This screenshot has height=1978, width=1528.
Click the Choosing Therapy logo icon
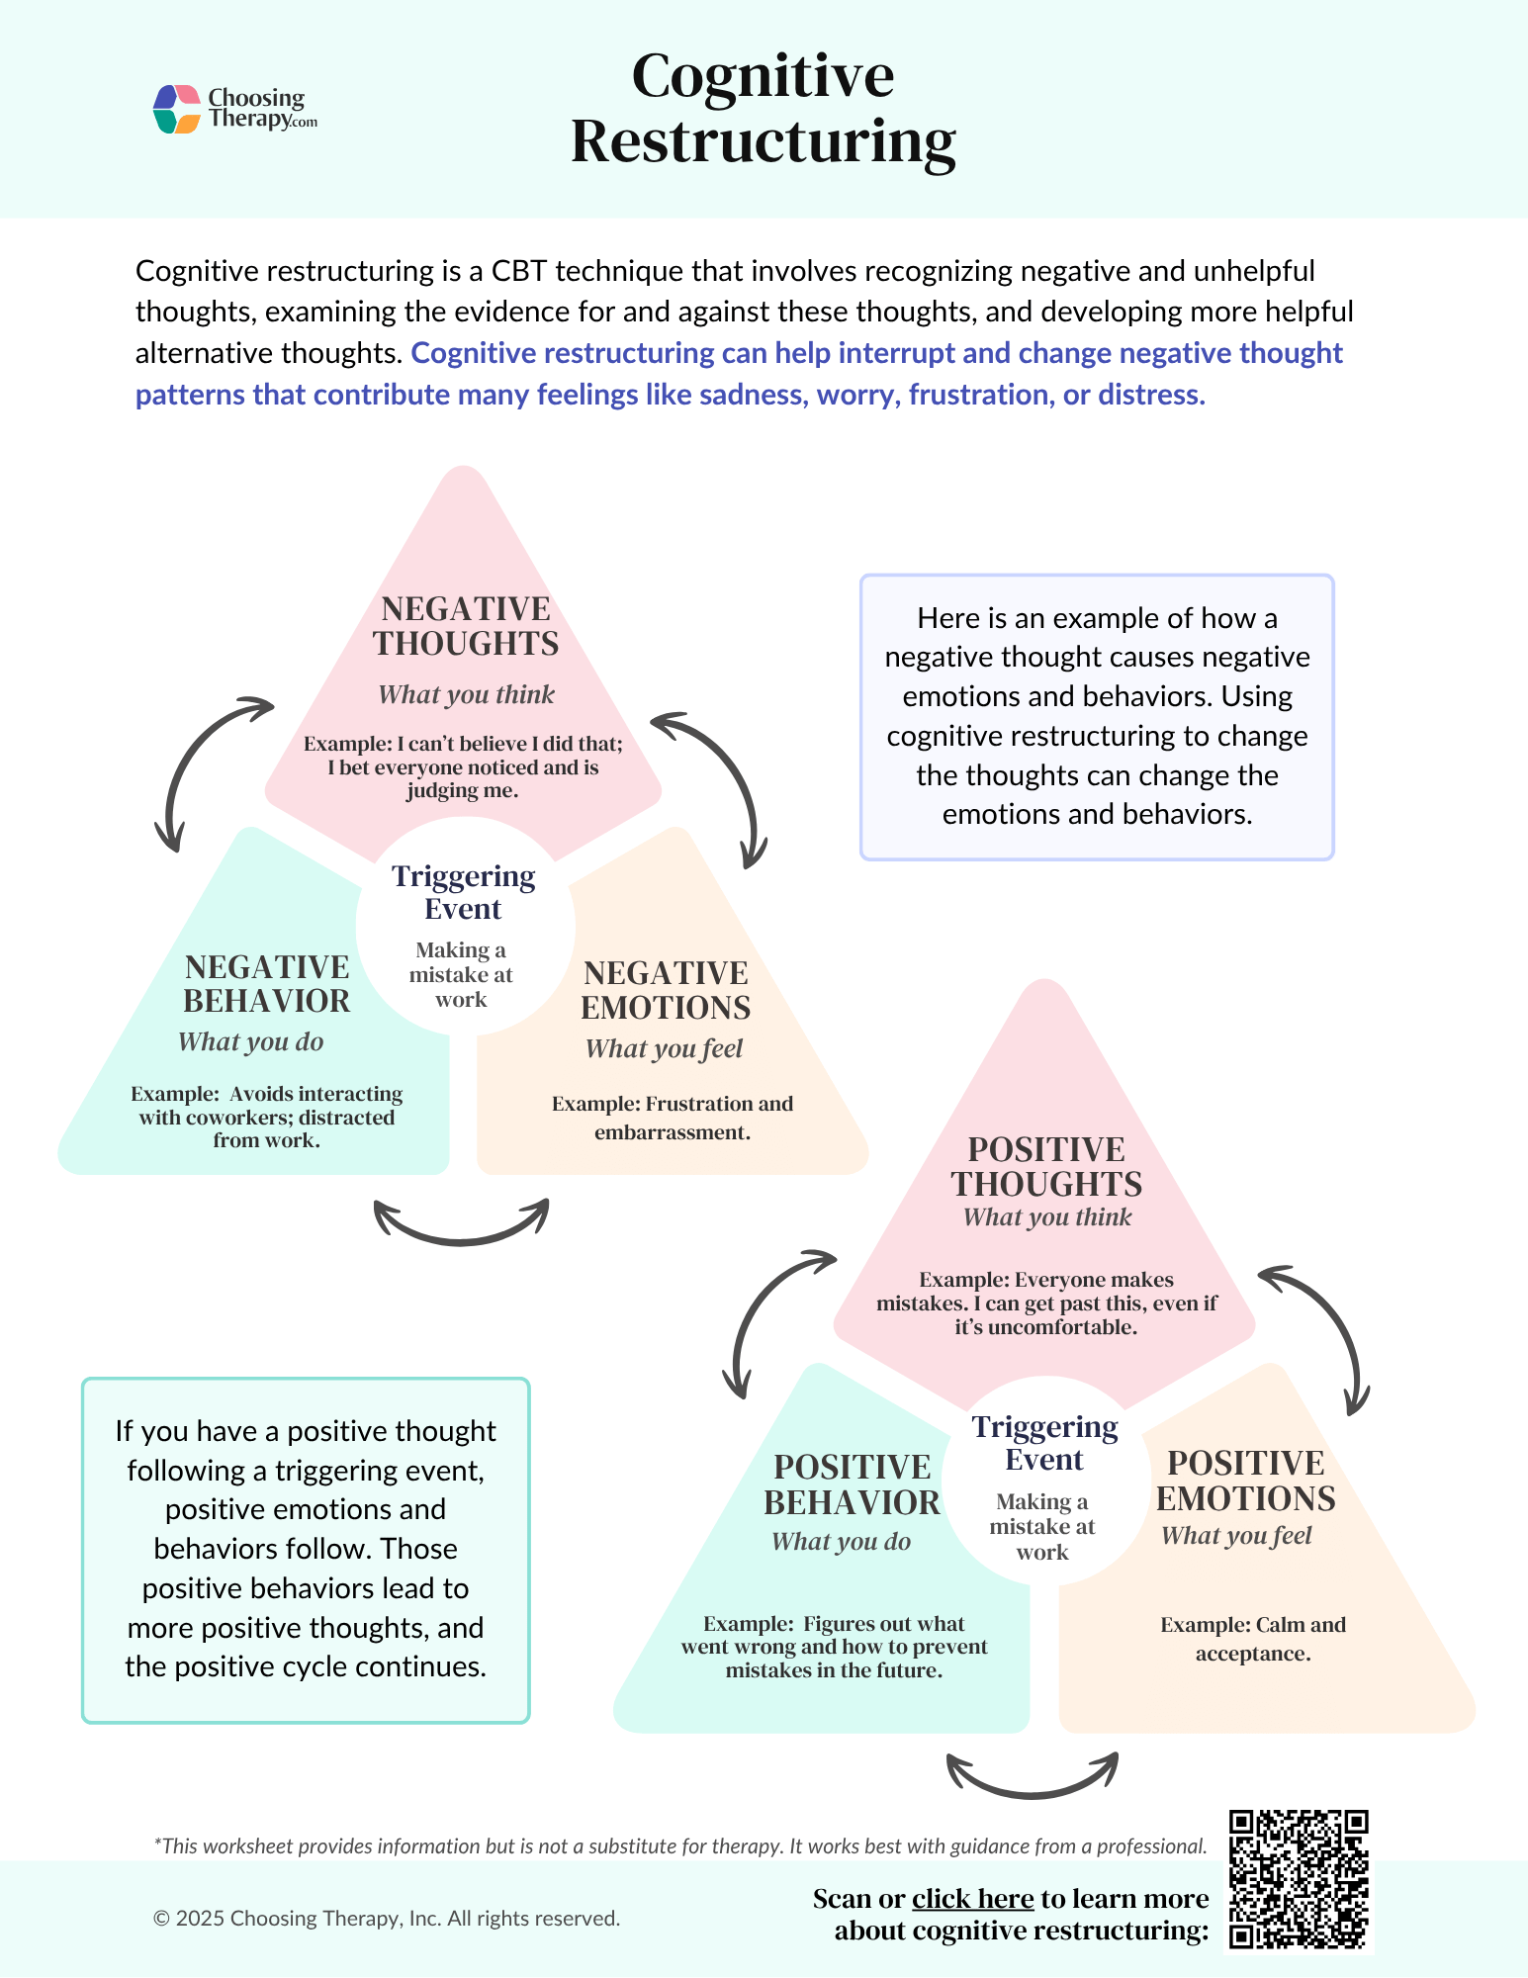tap(178, 109)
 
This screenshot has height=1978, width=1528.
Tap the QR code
tap(1298, 1879)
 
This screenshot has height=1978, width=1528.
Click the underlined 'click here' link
tap(972, 1899)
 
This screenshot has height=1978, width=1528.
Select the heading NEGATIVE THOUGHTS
tap(466, 626)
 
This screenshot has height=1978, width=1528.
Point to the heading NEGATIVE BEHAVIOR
tap(267, 984)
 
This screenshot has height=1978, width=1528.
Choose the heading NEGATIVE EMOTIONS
tap(666, 990)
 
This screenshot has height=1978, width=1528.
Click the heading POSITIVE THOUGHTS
tap(1046, 1167)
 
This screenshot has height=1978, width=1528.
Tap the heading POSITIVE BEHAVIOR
tap(852, 1484)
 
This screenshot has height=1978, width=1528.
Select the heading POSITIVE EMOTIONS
tap(1245, 1481)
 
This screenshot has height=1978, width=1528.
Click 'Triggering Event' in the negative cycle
tap(464, 892)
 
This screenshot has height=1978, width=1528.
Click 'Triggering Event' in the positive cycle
tap(1044, 1443)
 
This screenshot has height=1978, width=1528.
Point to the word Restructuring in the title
tap(763, 141)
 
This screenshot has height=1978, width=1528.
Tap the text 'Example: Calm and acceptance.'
tap(1253, 1639)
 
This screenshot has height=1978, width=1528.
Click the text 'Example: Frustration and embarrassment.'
tap(673, 1118)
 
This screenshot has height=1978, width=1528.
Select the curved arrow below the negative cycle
tap(461, 1226)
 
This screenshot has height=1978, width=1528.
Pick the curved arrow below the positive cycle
tap(1032, 1778)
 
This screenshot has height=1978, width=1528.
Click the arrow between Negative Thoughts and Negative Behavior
tap(198, 762)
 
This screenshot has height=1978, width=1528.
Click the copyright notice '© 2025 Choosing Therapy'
tap(386, 1919)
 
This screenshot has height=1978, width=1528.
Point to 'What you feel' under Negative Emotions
tap(664, 1048)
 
